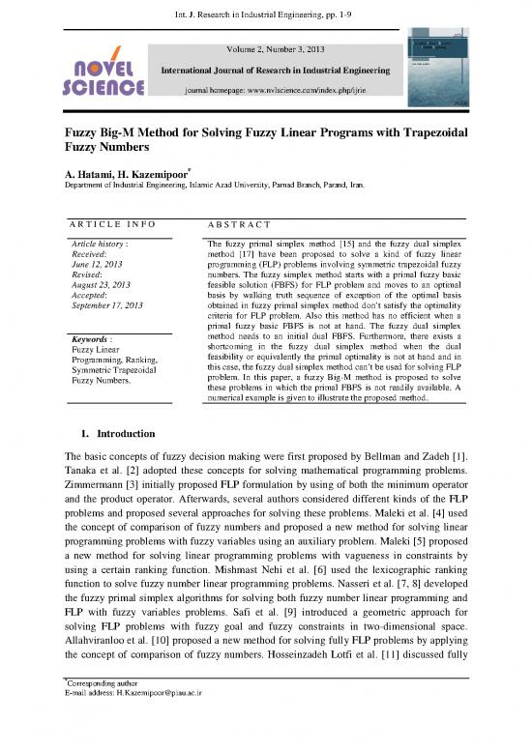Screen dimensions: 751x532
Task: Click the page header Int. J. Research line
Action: tap(265, 13)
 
